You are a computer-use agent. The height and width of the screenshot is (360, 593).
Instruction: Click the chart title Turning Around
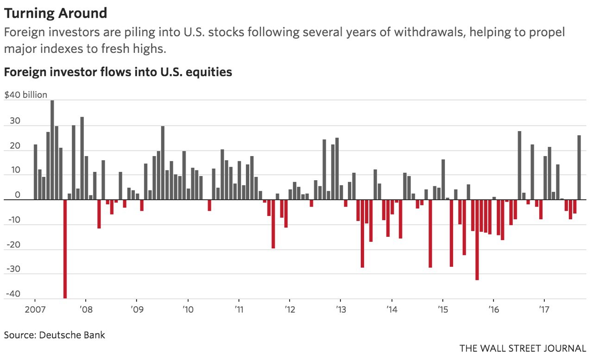56,13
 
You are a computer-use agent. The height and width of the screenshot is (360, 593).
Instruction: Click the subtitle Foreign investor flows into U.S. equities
118,72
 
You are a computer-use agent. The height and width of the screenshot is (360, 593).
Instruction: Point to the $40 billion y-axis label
26,95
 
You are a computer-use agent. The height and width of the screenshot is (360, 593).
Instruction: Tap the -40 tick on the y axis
13,294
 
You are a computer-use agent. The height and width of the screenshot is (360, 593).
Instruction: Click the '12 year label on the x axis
289,309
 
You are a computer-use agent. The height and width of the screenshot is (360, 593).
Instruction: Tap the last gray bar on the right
579,167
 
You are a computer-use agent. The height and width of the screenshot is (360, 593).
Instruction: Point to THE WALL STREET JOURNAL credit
522,348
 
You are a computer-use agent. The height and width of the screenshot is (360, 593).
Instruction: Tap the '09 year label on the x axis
136,309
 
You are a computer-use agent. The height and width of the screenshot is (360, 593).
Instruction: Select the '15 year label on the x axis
442,309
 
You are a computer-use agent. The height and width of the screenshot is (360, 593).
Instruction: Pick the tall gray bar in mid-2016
519,165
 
